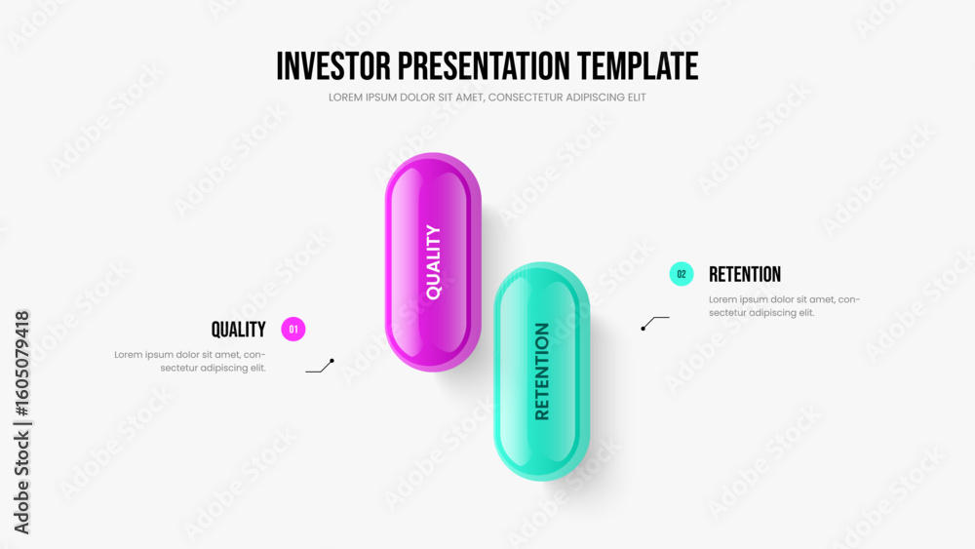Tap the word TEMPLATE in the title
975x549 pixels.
tap(638, 66)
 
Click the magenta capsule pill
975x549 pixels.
tap(433, 261)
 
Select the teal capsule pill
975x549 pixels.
tap(541, 372)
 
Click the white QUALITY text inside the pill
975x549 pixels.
tap(434, 261)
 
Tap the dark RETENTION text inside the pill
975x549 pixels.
tap(541, 372)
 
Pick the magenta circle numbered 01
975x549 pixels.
tap(293, 329)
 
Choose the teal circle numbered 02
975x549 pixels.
tap(682, 274)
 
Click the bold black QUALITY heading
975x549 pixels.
tap(238, 330)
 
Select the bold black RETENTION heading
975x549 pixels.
tap(745, 274)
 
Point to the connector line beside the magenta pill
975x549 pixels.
tap(321, 368)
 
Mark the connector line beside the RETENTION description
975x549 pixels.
tap(655, 321)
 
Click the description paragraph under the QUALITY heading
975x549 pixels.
tap(190, 361)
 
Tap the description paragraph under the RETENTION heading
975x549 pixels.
tap(784, 306)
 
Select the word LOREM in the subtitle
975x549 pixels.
tap(345, 98)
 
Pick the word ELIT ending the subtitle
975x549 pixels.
tap(636, 98)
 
